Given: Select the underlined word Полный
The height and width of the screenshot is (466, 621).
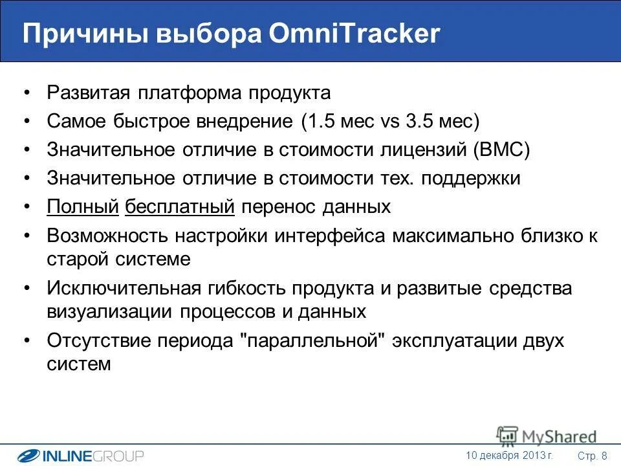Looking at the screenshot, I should click(83, 206).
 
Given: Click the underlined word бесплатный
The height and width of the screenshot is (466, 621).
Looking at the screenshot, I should click(180, 206).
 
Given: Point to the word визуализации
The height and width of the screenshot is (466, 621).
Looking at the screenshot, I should click(110, 311).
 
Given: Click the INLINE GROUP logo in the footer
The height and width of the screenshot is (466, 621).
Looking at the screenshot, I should click(80, 456).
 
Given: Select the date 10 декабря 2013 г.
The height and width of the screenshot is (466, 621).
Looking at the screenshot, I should click(509, 455).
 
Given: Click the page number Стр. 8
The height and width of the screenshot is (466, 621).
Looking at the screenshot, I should click(592, 456).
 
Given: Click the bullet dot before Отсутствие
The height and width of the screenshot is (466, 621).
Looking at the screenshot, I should click(26, 341).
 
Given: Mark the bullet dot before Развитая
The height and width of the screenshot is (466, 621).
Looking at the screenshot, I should click(26, 93).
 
